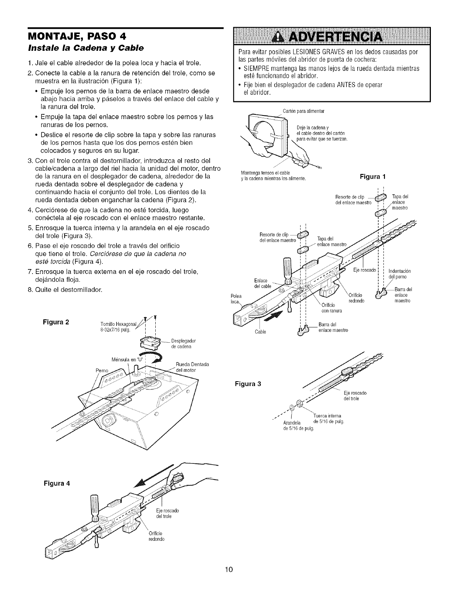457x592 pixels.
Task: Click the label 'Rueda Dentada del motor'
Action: coord(192,367)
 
